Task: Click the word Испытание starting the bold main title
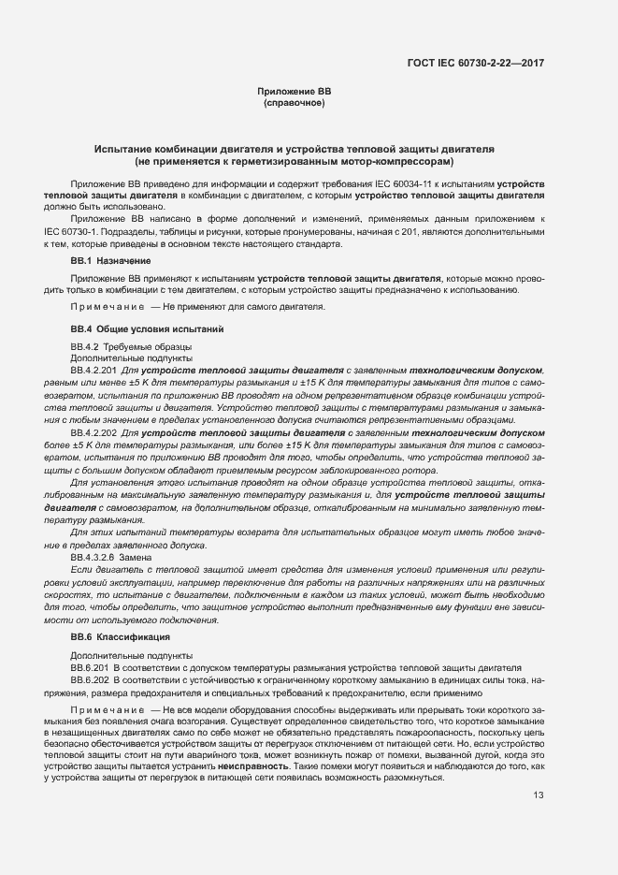(125, 149)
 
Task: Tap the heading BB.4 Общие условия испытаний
(147, 329)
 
